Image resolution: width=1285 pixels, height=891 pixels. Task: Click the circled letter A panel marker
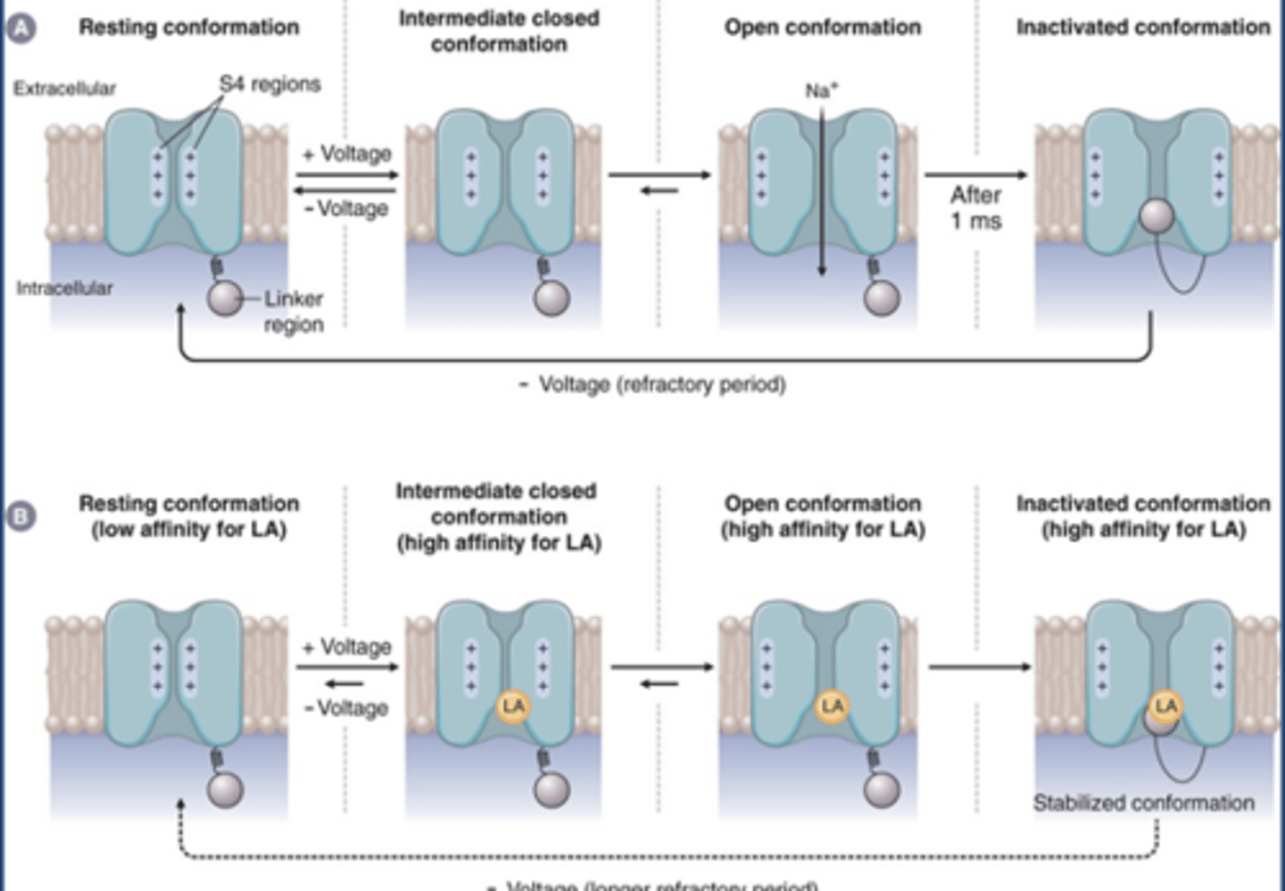coord(21,28)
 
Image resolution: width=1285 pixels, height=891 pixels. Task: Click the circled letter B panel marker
coord(21,516)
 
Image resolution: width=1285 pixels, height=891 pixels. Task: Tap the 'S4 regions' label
coord(269,84)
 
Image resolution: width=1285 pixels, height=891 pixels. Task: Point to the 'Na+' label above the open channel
coord(821,90)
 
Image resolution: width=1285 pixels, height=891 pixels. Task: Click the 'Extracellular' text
coord(64,88)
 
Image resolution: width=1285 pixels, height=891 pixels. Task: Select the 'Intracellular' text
coord(64,288)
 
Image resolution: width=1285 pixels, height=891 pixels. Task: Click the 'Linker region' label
coord(293,311)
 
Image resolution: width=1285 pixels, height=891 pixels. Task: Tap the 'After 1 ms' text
coord(975,208)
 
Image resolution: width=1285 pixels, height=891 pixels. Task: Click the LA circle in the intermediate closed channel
coord(513,706)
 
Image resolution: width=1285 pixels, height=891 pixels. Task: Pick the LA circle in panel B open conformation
coord(832,706)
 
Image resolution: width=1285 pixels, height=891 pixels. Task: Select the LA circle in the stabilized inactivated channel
coord(1165,706)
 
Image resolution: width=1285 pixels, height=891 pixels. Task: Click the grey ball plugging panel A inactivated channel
coord(1156,215)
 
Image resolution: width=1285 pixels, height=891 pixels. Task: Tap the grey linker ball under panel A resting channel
coord(225,298)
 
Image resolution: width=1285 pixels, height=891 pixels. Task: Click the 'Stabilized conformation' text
coord(1143,803)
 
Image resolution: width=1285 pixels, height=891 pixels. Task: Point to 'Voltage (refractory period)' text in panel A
coord(661,384)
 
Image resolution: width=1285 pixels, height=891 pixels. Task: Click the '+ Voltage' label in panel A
coord(347,153)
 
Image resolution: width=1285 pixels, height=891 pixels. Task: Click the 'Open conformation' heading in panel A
coord(822,28)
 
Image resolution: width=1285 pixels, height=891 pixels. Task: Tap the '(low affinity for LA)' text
coord(189,530)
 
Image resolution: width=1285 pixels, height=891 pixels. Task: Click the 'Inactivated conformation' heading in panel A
coord(1143,28)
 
